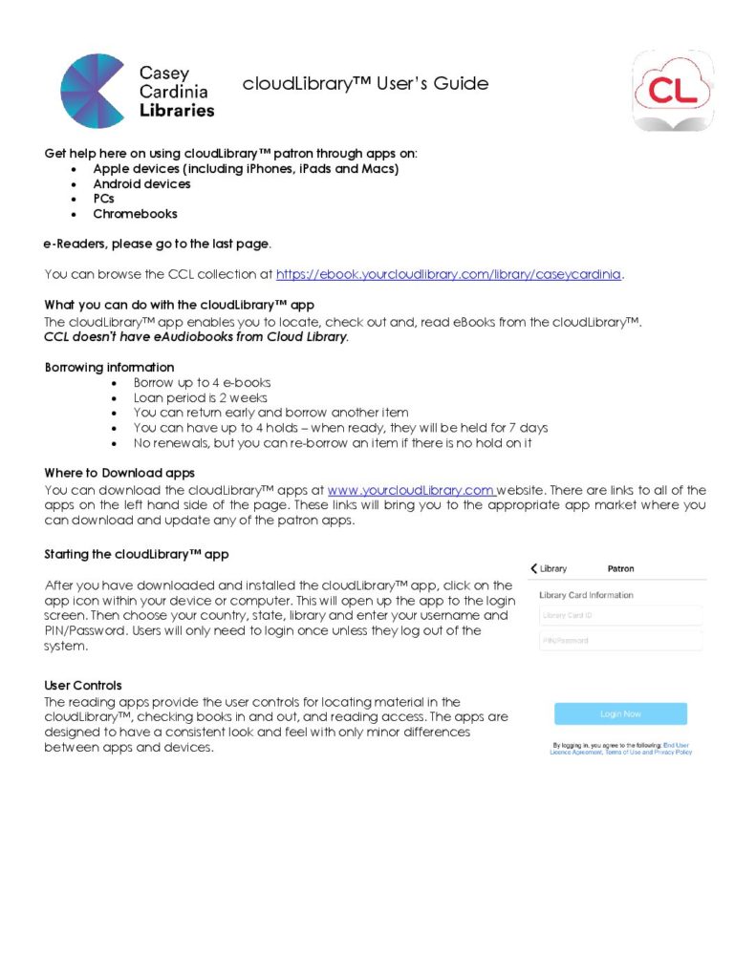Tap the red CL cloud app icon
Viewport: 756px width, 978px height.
(x=674, y=92)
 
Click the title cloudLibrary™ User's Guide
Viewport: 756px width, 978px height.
(x=365, y=84)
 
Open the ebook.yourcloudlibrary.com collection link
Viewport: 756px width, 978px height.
(x=449, y=274)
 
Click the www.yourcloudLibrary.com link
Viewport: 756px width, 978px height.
(x=411, y=490)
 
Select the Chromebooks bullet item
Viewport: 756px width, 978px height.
(x=135, y=214)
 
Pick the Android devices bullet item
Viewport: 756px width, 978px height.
(x=141, y=183)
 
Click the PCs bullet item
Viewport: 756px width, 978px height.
(x=103, y=199)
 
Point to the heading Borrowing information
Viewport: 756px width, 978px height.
(x=109, y=367)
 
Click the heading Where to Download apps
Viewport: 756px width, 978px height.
(x=119, y=473)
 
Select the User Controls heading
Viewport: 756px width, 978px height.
(x=83, y=685)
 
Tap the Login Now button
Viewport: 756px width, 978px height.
(x=620, y=713)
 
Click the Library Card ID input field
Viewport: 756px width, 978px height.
(x=620, y=616)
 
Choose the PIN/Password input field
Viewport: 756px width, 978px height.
(x=620, y=641)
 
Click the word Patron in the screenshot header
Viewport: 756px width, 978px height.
(x=620, y=568)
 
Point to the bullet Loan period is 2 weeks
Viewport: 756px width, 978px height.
(x=201, y=397)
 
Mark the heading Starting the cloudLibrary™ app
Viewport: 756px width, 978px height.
(x=137, y=554)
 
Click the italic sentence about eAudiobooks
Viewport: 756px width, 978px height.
(x=196, y=337)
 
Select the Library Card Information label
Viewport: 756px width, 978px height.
(x=586, y=595)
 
